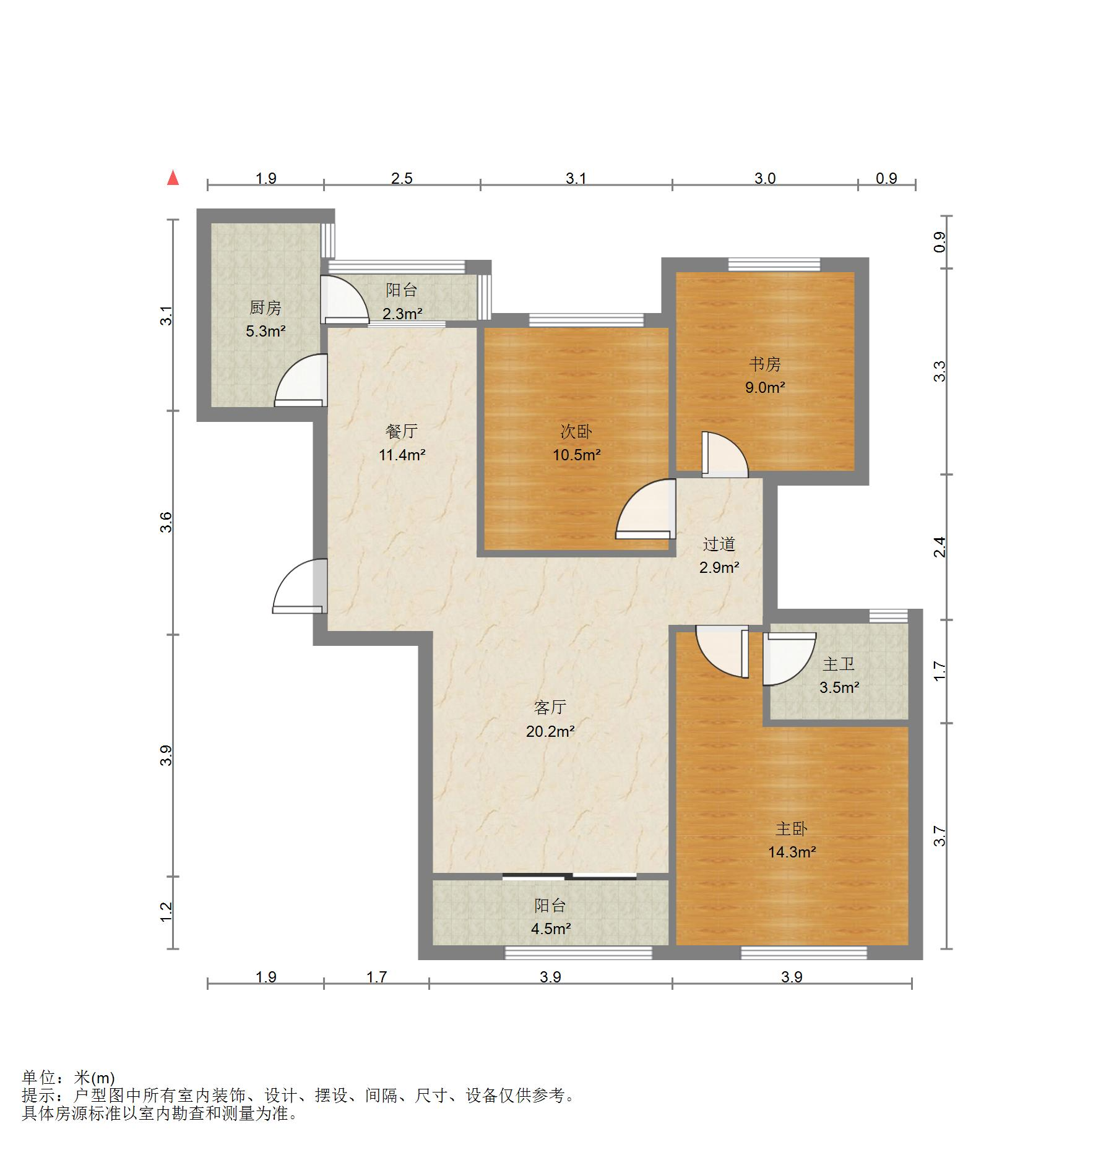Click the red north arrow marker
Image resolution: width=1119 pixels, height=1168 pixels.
coord(173,178)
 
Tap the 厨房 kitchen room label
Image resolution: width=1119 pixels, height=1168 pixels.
coord(266,307)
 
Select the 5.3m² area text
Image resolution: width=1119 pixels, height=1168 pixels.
coord(266,331)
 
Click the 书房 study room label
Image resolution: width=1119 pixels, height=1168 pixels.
coord(765,364)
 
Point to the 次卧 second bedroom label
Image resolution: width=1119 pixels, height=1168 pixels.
coord(576,432)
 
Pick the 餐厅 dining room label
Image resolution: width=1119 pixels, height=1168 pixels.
coord(402,431)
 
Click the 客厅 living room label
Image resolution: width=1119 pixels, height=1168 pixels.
coord(550,707)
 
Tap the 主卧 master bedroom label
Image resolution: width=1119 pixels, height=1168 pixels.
coord(792,828)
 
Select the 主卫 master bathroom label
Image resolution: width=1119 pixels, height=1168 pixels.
coord(839,664)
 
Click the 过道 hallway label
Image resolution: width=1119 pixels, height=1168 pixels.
coord(719,544)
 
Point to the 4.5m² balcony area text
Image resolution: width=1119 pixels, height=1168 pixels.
coord(550,929)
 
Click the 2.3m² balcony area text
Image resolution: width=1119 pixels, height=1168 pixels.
coord(402,314)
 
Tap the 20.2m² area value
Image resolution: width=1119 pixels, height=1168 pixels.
coord(550,731)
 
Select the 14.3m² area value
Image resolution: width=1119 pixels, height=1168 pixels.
coord(792,852)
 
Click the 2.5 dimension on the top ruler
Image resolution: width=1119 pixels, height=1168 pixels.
coord(402,178)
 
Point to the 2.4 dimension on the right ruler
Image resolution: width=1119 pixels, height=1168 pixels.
coord(940,547)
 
